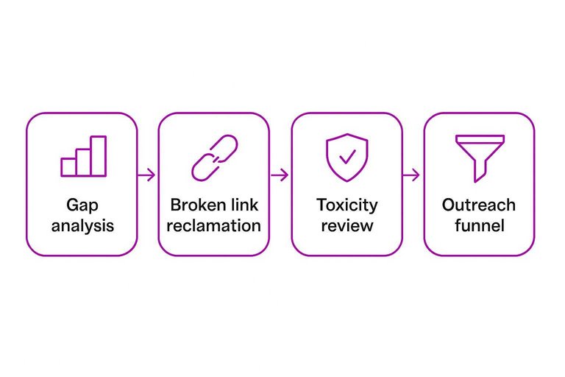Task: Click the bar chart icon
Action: [x=83, y=156]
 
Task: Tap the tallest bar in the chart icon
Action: [x=99, y=156]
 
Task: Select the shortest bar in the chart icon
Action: [x=68, y=167]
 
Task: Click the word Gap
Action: [x=82, y=205]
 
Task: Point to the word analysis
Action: [x=82, y=225]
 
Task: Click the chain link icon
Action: [x=214, y=158]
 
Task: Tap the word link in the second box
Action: [x=243, y=205]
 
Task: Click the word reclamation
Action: [x=213, y=225]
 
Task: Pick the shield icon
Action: [x=347, y=157]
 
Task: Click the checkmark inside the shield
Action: [x=347, y=157]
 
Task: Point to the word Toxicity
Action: [x=347, y=205]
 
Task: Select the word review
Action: [x=347, y=225]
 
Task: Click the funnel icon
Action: [x=479, y=157]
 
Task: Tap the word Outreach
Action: [x=479, y=205]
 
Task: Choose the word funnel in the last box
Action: [x=479, y=225]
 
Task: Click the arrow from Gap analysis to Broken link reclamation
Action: [x=146, y=175]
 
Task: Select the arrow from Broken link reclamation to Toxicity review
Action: [x=279, y=175]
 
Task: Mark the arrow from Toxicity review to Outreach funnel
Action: [x=412, y=175]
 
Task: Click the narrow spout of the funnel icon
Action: [x=479, y=172]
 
